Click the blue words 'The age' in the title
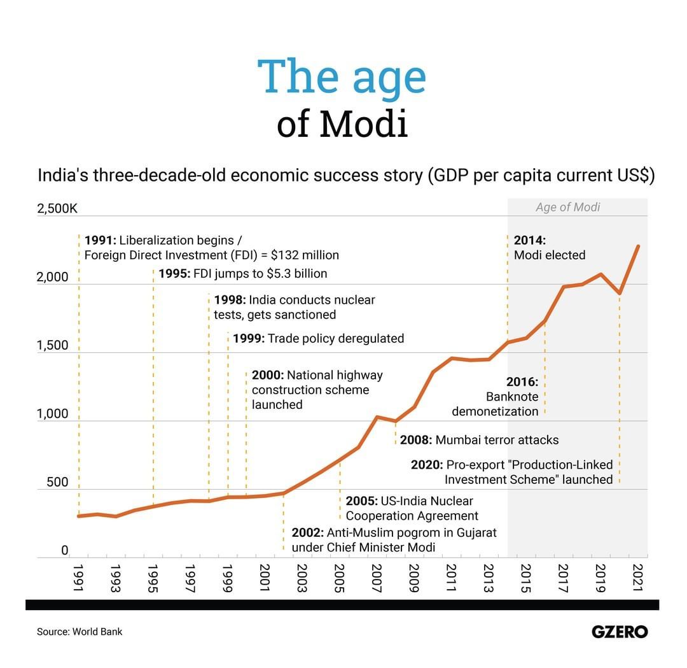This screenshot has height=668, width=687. (342, 76)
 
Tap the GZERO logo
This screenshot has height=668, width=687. (619, 632)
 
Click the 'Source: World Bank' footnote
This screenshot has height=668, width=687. (80, 632)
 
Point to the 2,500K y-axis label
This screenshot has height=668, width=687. (57, 208)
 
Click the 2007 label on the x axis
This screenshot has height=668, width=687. (376, 578)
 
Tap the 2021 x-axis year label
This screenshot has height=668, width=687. (638, 578)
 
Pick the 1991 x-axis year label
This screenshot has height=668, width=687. (78, 578)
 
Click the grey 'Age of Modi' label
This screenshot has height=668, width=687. (567, 207)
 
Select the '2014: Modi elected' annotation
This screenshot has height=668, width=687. (549, 248)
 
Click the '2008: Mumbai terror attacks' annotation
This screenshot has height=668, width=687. (479, 440)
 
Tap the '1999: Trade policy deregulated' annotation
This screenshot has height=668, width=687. (318, 338)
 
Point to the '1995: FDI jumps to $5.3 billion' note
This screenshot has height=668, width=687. (243, 274)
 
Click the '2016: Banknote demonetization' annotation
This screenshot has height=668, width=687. (496, 397)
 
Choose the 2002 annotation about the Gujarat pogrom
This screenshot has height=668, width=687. (394, 540)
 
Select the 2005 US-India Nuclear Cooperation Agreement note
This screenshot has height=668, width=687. (412, 508)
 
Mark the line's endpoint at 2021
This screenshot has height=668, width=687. (638, 246)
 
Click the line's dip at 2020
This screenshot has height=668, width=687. (620, 294)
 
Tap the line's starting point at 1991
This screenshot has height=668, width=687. (78, 516)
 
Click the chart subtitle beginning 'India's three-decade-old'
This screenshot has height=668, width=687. (346, 176)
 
